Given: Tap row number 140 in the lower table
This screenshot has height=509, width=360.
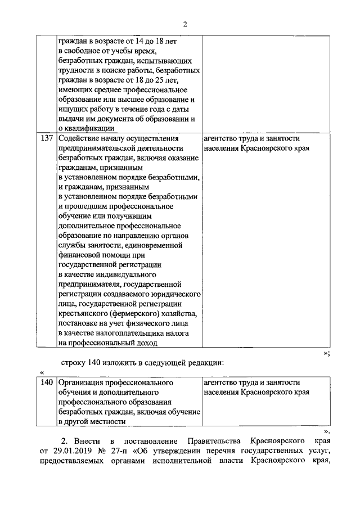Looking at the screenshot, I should pos(47,382).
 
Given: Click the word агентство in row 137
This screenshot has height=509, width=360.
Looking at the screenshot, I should pos(223,138).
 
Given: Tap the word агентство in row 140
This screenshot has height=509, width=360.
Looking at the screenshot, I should pos(223,382).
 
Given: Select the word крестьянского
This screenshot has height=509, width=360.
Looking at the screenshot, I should pos(85,313).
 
